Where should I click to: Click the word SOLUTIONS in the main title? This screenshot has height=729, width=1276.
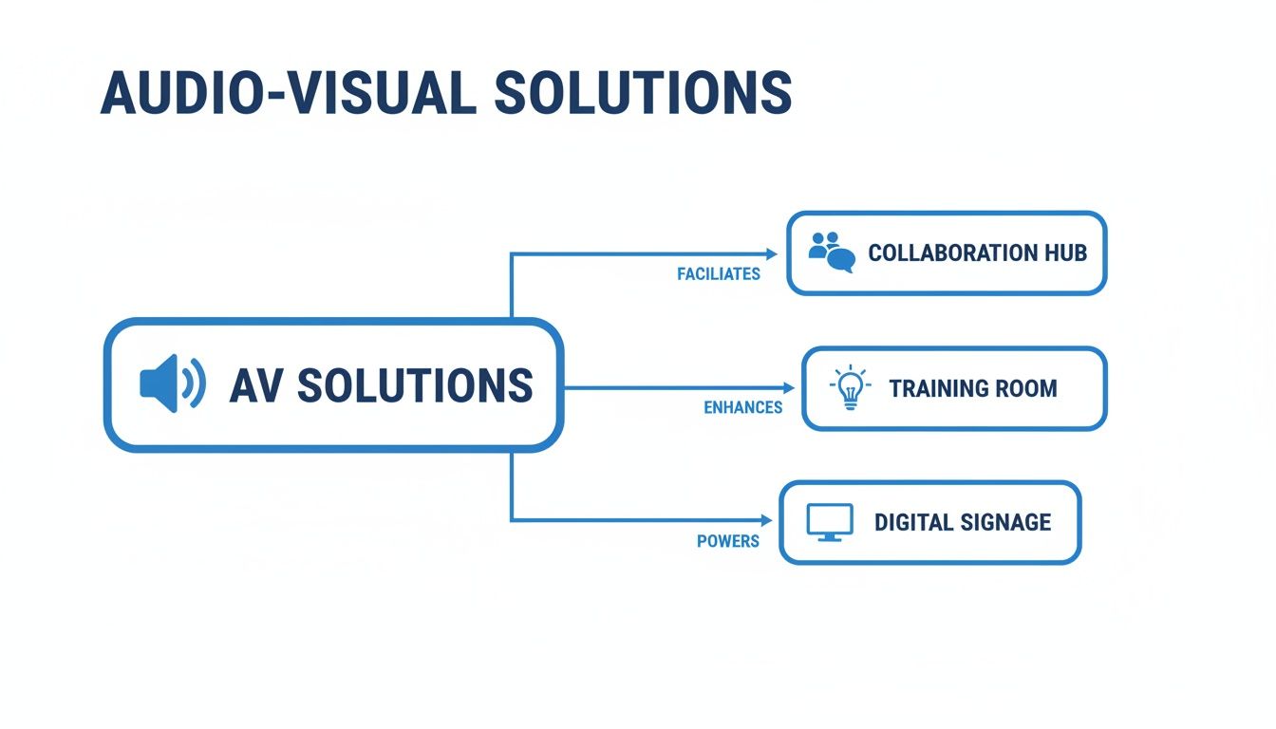(x=643, y=93)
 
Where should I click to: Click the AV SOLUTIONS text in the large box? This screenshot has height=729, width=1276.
(x=381, y=385)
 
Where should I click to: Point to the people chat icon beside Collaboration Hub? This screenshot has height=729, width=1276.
(x=831, y=252)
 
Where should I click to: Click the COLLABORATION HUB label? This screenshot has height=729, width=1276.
(x=977, y=253)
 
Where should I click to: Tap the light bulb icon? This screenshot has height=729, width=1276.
(x=849, y=388)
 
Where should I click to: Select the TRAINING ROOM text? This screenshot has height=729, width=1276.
(x=972, y=388)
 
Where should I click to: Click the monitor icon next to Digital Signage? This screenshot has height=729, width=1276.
(x=829, y=522)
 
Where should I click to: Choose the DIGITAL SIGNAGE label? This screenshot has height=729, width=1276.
(x=962, y=522)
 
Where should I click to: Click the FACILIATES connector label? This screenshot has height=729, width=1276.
(x=719, y=274)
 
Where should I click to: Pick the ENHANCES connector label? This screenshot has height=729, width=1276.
(x=742, y=407)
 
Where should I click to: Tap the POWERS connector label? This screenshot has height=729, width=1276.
(x=727, y=541)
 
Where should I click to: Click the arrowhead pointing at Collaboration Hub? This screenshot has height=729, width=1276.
(x=772, y=253)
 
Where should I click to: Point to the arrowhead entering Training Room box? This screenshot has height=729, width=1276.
(x=788, y=387)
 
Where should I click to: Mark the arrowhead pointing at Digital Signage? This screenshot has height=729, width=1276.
(x=767, y=520)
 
